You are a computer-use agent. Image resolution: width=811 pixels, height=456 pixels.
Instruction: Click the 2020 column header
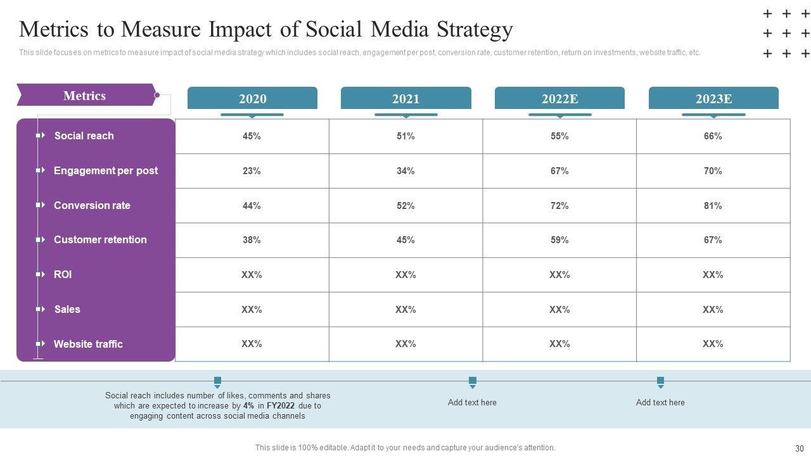pyautogui.click(x=252, y=99)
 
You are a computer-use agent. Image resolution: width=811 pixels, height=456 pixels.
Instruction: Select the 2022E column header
pyautogui.click(x=559, y=99)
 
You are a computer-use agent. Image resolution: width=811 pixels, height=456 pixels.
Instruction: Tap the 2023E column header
pyautogui.click(x=713, y=99)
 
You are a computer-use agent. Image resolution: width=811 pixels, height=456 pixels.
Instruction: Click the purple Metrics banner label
pyautogui.click(x=85, y=96)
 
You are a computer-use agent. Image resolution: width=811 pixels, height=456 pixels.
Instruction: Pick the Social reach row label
pyautogui.click(x=84, y=136)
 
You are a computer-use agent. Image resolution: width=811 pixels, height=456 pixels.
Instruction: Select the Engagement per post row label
pyautogui.click(x=106, y=170)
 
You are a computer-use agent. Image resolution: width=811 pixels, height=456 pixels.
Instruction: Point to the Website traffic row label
pyautogui.click(x=88, y=344)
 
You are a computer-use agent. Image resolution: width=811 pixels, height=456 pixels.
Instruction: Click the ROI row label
pyautogui.click(x=63, y=274)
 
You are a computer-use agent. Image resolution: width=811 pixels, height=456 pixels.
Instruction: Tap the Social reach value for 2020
pyautogui.click(x=252, y=136)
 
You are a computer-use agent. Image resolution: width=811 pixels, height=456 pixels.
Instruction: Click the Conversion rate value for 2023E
pyautogui.click(x=713, y=206)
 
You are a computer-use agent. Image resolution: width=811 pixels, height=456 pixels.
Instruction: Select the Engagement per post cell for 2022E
pyautogui.click(x=559, y=171)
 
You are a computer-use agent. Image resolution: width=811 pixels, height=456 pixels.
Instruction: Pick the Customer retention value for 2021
pyautogui.click(x=405, y=240)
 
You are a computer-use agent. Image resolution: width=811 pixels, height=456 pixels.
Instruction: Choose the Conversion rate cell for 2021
pyautogui.click(x=405, y=206)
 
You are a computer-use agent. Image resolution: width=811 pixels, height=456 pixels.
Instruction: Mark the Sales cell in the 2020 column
pyautogui.click(x=252, y=310)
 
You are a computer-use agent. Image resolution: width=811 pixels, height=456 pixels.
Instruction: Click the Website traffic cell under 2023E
pyautogui.click(x=713, y=344)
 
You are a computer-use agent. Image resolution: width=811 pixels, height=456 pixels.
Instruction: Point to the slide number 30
pyautogui.click(x=799, y=448)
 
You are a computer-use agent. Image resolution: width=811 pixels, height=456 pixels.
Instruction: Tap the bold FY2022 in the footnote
pyautogui.click(x=281, y=405)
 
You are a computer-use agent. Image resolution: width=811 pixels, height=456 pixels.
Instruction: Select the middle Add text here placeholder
pyautogui.click(x=472, y=402)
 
